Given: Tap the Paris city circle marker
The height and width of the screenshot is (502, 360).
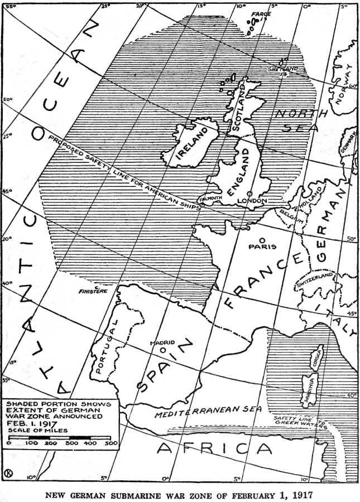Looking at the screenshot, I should (x=262, y=239).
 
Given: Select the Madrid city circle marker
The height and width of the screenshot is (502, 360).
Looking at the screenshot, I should (x=162, y=350).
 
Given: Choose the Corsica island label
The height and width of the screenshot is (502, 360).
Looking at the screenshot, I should (x=315, y=356).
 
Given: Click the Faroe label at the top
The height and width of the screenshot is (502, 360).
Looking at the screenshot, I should (x=260, y=13).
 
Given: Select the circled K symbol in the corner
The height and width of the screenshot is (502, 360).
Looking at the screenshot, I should (x=9, y=474).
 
